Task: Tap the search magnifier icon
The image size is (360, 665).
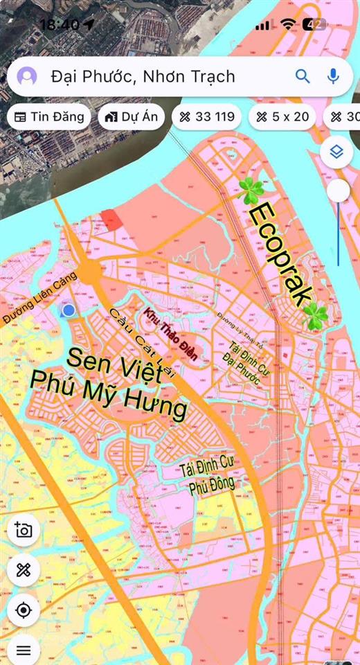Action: (303, 76)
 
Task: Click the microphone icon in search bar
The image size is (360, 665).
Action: (333, 76)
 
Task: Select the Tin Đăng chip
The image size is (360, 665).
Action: (49, 116)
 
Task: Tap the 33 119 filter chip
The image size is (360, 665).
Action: (206, 116)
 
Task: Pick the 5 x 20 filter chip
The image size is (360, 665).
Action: (282, 116)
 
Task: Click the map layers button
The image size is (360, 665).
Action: (337, 152)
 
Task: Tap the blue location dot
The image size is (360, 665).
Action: (68, 310)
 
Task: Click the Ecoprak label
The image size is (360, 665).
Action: (277, 253)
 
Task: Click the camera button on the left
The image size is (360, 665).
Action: (24, 531)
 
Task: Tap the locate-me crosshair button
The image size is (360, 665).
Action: (24, 610)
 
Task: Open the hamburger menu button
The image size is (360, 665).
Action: (24, 650)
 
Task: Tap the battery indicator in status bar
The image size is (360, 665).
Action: (316, 24)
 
